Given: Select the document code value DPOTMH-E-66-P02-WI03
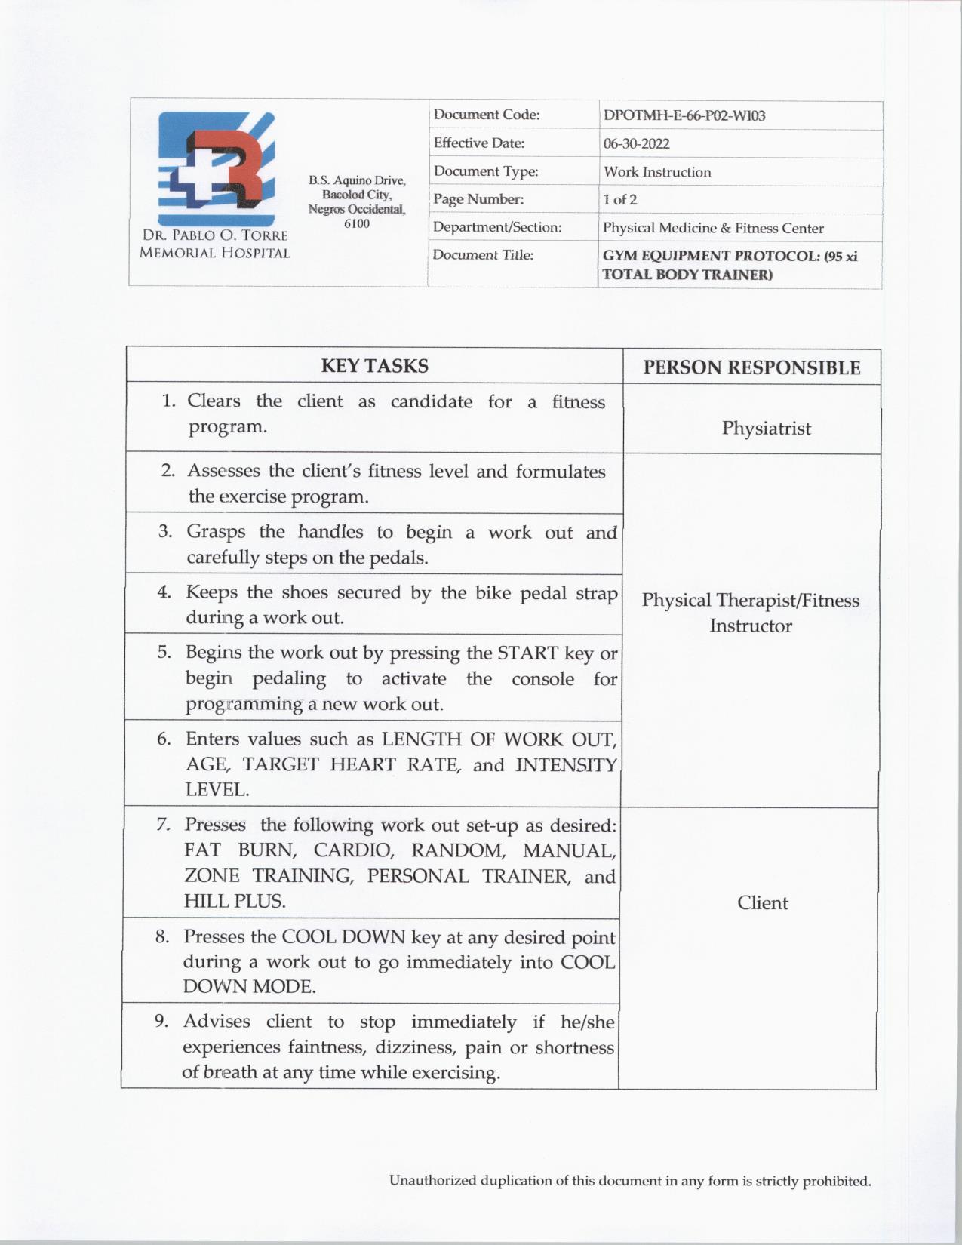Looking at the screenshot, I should tap(684, 115).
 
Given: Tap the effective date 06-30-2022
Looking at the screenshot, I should tap(636, 143).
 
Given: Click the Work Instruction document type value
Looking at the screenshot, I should tap(656, 171).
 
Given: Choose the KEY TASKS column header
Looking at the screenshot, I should tap(374, 366).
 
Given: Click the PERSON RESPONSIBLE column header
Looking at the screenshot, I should tap(751, 367).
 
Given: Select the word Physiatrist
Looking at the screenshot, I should tap(766, 428).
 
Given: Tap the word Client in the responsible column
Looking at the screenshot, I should tap(762, 902).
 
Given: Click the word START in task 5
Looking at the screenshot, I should tap(527, 653).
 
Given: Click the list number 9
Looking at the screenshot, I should tap(161, 1021).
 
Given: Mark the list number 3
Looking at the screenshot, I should tap(164, 531).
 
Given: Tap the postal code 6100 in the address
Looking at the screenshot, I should tap(357, 223).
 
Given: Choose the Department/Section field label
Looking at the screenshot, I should tap(496, 227).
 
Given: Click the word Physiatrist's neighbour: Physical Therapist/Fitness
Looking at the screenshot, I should tap(750, 601).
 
